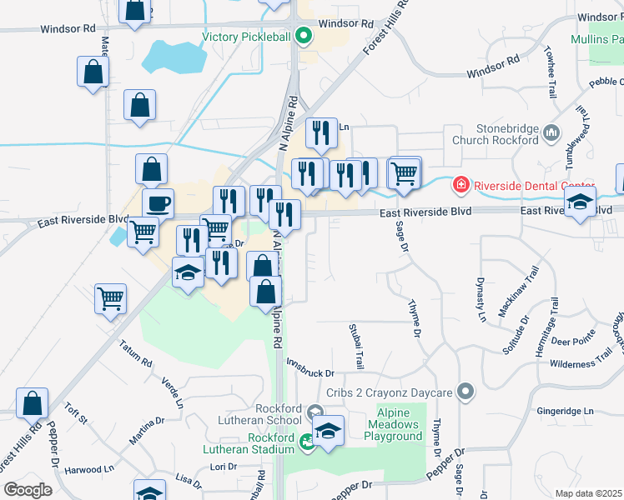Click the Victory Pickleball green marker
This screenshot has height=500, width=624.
[304, 36]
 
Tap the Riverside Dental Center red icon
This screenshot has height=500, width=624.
[459, 184]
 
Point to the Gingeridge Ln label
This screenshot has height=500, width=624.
[566, 411]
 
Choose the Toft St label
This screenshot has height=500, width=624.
[76, 414]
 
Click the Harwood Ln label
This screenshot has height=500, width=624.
[88, 469]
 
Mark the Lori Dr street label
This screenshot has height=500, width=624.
[224, 467]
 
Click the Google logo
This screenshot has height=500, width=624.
[28, 489]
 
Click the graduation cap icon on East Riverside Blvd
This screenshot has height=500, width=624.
[581, 202]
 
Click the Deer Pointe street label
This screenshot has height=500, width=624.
[573, 341]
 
